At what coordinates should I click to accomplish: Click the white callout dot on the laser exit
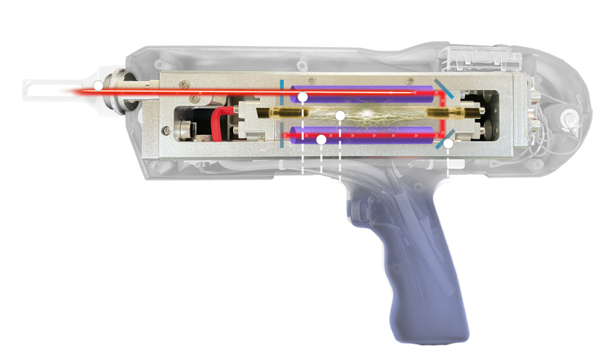click(x=98, y=86)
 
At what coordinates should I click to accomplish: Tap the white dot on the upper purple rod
click(x=302, y=97)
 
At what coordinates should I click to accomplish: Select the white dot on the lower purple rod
click(x=320, y=139)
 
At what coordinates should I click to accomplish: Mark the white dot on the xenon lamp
click(x=340, y=115)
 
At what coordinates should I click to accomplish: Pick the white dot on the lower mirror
click(x=448, y=144)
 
